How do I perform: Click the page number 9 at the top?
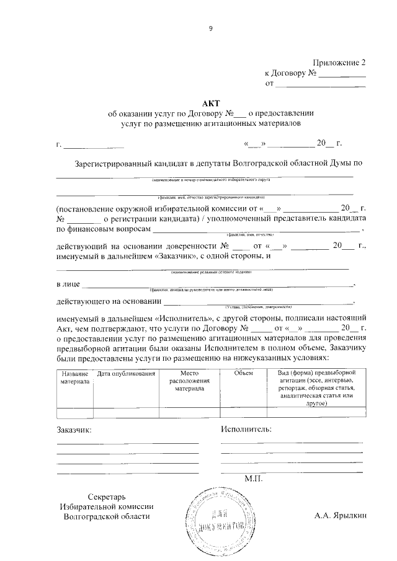[210, 29]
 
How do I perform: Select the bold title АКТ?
[210, 103]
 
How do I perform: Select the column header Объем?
[244, 374]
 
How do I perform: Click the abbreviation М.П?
[254, 479]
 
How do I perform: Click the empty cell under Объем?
[244, 412]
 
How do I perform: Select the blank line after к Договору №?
[342, 74]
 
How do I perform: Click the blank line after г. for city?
[94, 147]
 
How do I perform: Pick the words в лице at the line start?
[67, 285]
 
